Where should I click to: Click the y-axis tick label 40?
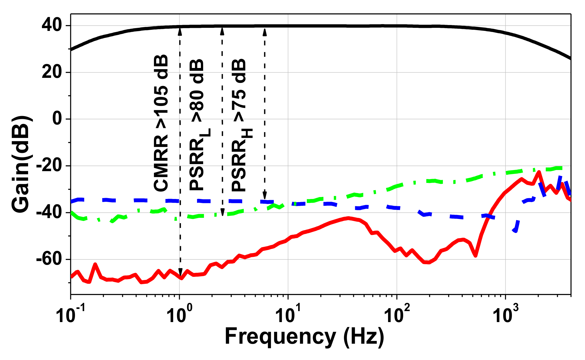(52, 26)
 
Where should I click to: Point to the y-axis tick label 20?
(52, 73)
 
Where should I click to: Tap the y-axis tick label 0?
(57, 119)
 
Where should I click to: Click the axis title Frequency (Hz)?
(304, 336)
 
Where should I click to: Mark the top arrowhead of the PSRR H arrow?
(264, 31)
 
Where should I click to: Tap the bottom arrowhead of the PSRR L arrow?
(222, 212)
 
